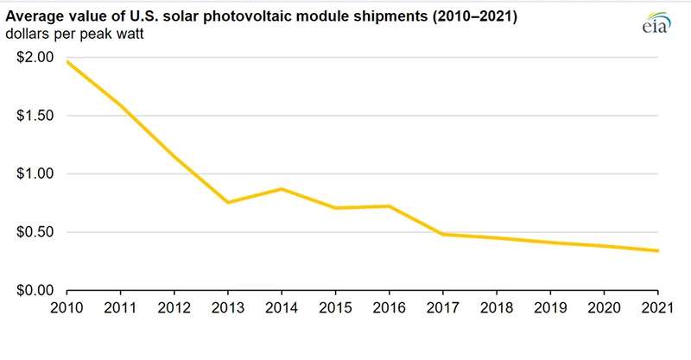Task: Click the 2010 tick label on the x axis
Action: point(67,306)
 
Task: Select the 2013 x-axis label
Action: point(228,306)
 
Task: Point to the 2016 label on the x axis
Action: point(390,306)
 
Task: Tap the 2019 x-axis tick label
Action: point(551,306)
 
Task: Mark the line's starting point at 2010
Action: point(67,61)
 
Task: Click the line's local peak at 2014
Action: point(282,189)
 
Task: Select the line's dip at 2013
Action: point(229,202)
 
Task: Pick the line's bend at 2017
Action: point(444,234)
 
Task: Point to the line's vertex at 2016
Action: point(390,206)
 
